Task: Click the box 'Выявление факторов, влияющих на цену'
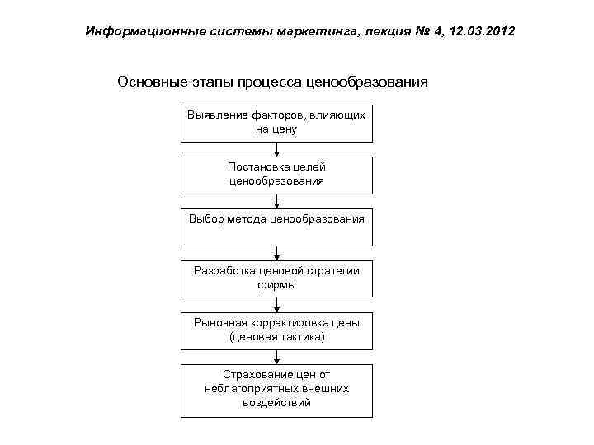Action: click(x=276, y=124)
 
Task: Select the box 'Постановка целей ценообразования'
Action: click(x=276, y=175)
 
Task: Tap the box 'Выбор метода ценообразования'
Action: click(x=276, y=227)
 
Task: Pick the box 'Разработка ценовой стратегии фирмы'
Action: click(x=276, y=278)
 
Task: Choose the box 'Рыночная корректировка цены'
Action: click(x=276, y=330)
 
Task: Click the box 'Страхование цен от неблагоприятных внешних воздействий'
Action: click(x=276, y=389)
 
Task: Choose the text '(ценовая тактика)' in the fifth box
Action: click(x=276, y=337)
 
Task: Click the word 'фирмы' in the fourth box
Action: click(x=276, y=285)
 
